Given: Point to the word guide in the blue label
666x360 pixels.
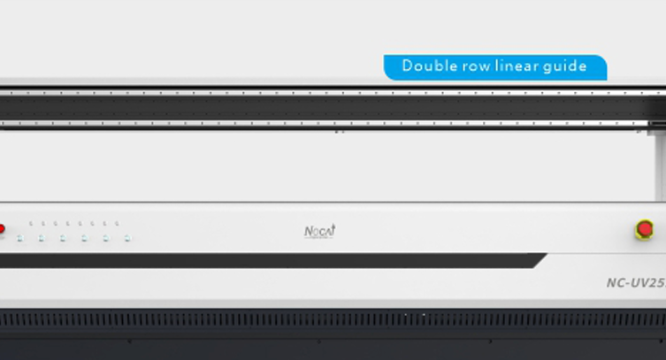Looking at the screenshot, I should point(567,66).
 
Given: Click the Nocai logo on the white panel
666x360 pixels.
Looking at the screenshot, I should point(319,232).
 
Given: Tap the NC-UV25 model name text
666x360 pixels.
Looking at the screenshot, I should point(635,284).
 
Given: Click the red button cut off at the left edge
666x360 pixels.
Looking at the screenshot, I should point(2,230).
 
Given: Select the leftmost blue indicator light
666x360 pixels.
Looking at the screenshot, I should point(20,238).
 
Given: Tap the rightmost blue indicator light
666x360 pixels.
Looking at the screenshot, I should point(127,238).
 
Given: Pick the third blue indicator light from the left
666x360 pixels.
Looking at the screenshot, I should point(63,238).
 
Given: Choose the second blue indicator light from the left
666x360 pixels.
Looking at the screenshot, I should point(42,238).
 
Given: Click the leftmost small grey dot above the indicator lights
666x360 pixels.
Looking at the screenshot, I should point(31,224).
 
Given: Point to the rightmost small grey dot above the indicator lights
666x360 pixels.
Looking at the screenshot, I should point(117,224).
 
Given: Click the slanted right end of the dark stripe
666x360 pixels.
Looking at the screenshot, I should point(539,260).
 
